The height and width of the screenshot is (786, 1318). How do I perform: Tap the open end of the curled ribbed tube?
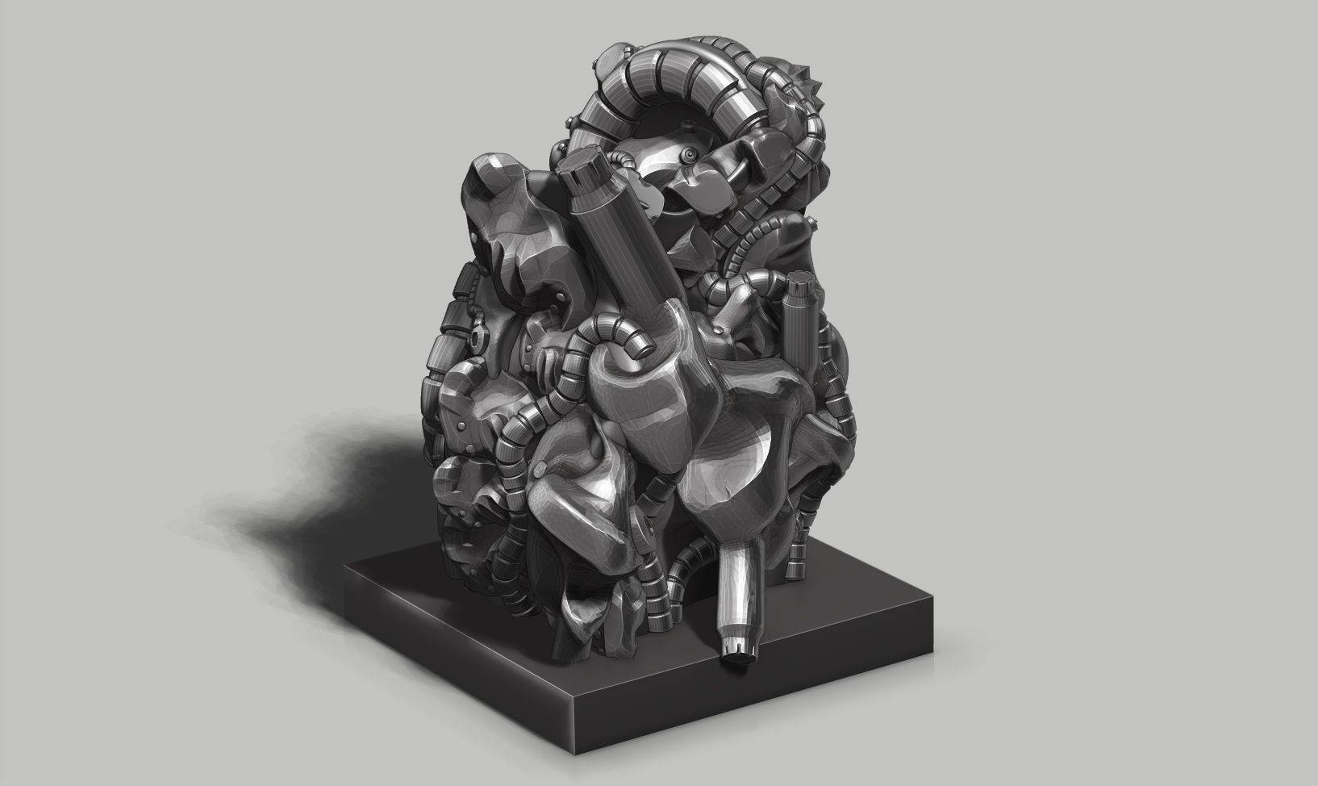[x=637, y=347]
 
